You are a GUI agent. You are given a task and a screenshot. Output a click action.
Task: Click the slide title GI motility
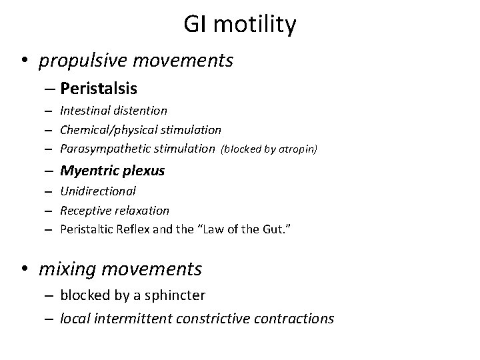coord(240,26)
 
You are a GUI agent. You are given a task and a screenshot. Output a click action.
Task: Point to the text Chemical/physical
coord(104,129)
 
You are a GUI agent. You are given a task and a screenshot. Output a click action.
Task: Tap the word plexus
coord(144,171)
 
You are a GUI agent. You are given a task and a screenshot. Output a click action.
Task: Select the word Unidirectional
coord(98,191)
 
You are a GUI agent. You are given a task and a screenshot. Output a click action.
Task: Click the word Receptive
coord(84,211)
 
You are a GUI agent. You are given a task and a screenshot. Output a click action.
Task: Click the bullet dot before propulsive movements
coord(25,62)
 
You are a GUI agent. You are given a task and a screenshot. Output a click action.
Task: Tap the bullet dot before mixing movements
coord(25,270)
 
